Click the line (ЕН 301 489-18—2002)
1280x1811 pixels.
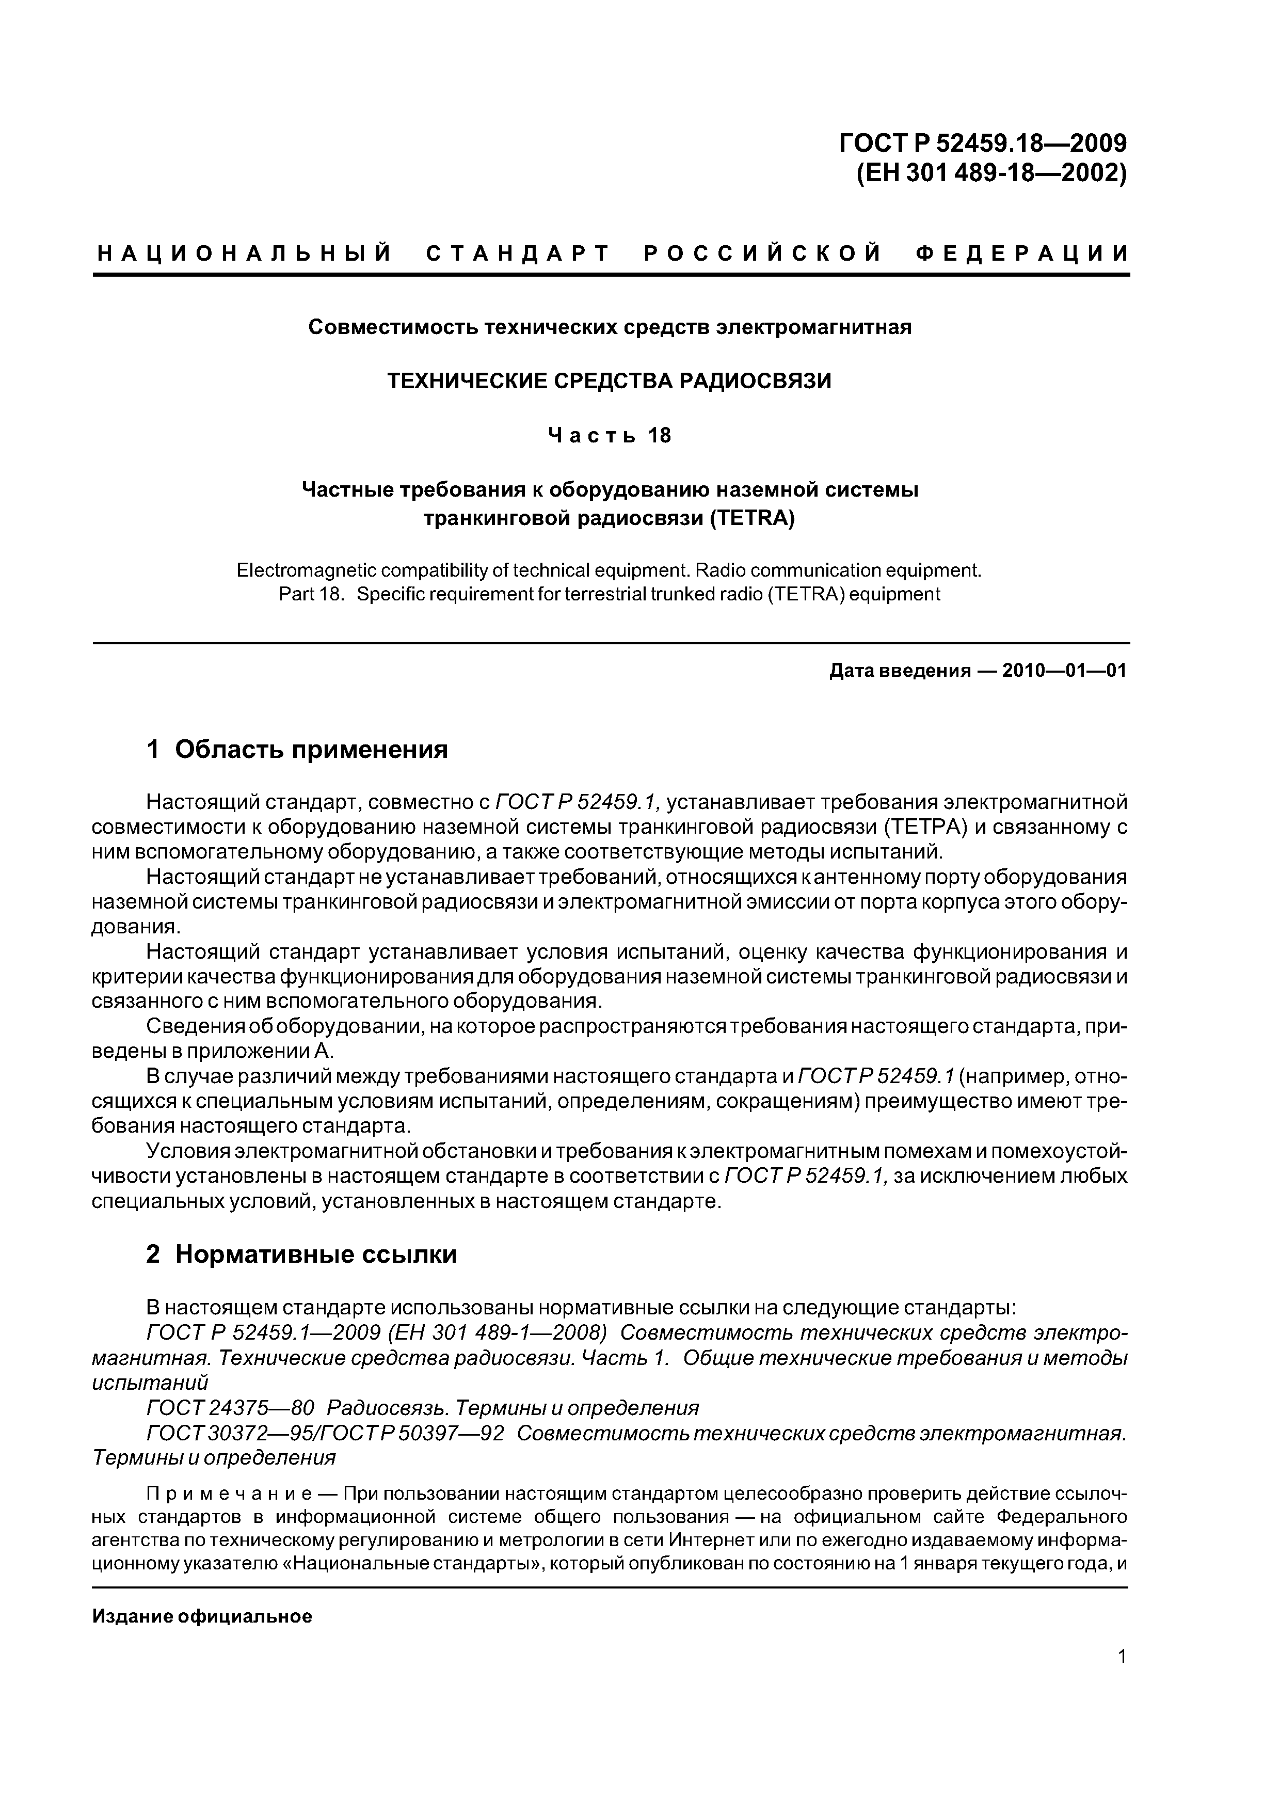coord(991,173)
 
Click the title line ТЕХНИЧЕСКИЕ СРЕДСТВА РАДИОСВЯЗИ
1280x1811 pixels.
coord(609,381)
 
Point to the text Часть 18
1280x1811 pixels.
coord(609,435)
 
